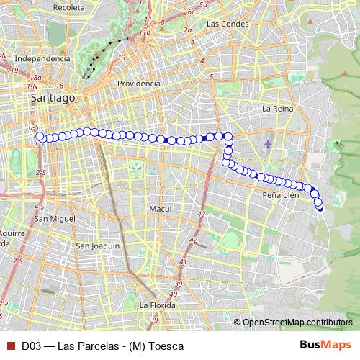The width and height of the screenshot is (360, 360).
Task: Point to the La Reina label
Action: tap(276, 109)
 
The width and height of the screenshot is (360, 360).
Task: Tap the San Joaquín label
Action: tap(97, 246)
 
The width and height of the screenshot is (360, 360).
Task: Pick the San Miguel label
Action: tap(50, 218)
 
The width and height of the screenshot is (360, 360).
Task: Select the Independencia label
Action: tap(42, 58)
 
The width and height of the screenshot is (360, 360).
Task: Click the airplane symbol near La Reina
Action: tap(269, 143)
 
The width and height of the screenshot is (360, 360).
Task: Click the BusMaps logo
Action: tap(325, 346)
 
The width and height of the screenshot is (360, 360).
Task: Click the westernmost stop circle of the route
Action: tap(40, 137)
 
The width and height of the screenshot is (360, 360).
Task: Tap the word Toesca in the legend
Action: tap(165, 346)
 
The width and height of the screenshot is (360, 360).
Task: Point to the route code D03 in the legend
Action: tap(30, 346)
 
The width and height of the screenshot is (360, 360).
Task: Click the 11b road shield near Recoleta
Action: tap(145, 32)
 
